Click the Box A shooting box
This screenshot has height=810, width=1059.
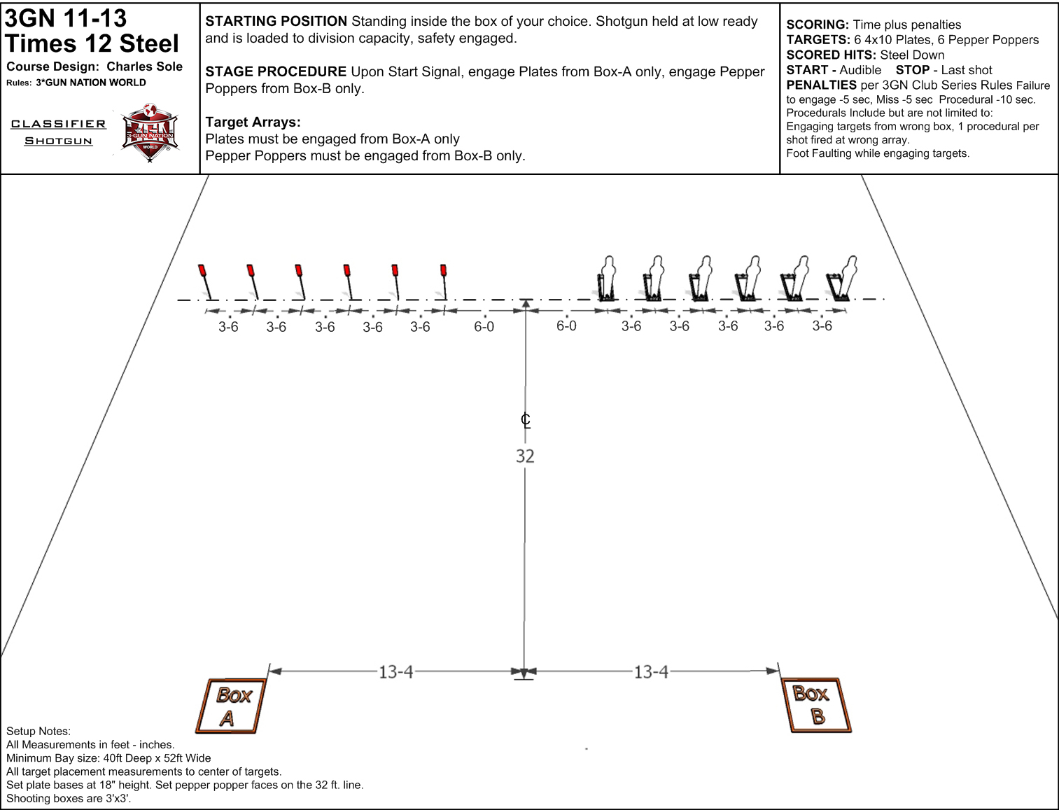[231, 706]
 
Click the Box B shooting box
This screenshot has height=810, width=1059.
[816, 705]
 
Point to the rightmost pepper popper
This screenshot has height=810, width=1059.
[841, 279]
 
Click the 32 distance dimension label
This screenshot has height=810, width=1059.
[526, 456]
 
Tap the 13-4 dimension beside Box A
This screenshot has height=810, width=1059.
[395, 671]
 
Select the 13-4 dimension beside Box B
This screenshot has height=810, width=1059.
[651, 671]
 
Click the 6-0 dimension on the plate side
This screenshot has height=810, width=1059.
[484, 327]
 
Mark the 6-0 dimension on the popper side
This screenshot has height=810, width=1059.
[566, 326]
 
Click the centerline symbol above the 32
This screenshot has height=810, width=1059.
[526, 420]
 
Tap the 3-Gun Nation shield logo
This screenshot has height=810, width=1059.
[150, 133]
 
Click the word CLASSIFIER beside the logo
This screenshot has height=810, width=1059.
[58, 124]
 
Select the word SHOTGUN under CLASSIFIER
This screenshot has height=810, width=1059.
[58, 141]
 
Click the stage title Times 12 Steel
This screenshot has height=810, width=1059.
[92, 43]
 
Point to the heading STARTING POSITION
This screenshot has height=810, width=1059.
[276, 21]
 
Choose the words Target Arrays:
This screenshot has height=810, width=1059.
[253, 122]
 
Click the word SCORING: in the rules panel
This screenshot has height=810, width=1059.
[818, 25]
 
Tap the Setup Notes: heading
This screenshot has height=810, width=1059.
[38, 731]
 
